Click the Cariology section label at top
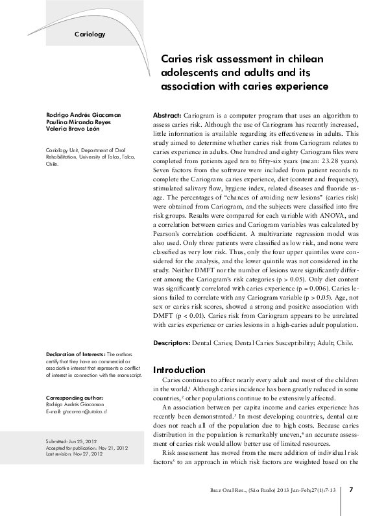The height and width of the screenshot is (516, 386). [x=90, y=33]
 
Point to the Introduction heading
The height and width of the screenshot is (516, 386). [x=179, y=370]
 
